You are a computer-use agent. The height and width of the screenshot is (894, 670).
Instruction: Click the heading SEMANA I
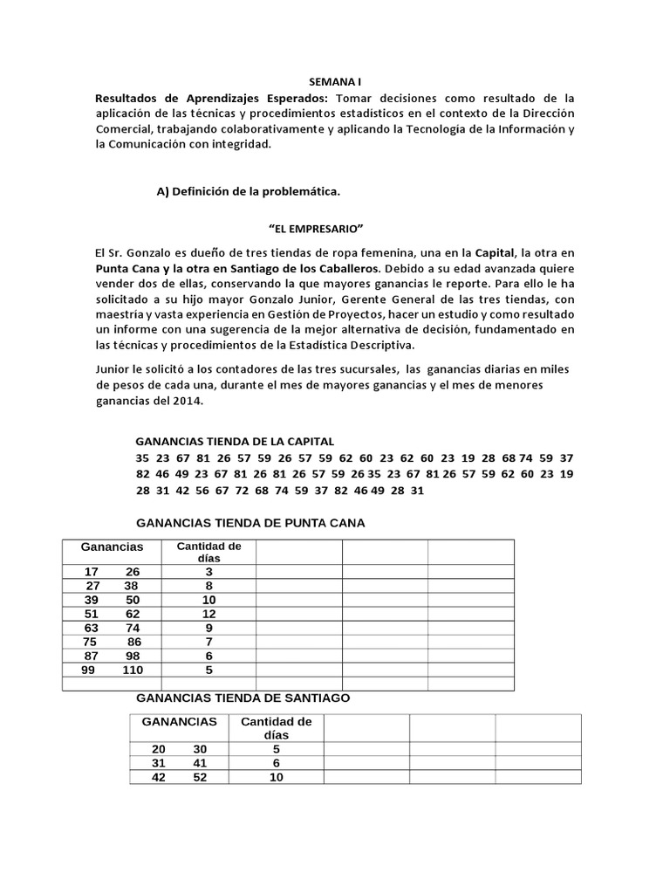(335, 79)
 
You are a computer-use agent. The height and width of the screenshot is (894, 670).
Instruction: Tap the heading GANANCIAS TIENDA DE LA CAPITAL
(235, 442)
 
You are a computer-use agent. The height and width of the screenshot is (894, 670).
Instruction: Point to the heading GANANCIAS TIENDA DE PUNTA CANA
(251, 523)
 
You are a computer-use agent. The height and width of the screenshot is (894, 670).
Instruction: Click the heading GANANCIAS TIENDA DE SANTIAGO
(244, 698)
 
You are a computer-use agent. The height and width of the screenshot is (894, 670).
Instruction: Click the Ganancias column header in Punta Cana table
(112, 547)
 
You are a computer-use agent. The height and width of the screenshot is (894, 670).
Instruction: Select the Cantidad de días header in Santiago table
(276, 728)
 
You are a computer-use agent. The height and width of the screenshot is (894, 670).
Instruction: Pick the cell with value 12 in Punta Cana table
(209, 614)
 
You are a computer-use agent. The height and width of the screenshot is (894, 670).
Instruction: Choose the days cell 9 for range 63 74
(209, 628)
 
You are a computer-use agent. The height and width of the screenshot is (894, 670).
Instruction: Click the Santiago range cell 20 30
(179, 749)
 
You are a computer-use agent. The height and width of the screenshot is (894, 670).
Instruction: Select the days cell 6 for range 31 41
(276, 763)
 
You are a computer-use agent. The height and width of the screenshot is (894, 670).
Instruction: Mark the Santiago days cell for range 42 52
(276, 777)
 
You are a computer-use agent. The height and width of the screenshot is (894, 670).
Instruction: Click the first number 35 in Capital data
(143, 458)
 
